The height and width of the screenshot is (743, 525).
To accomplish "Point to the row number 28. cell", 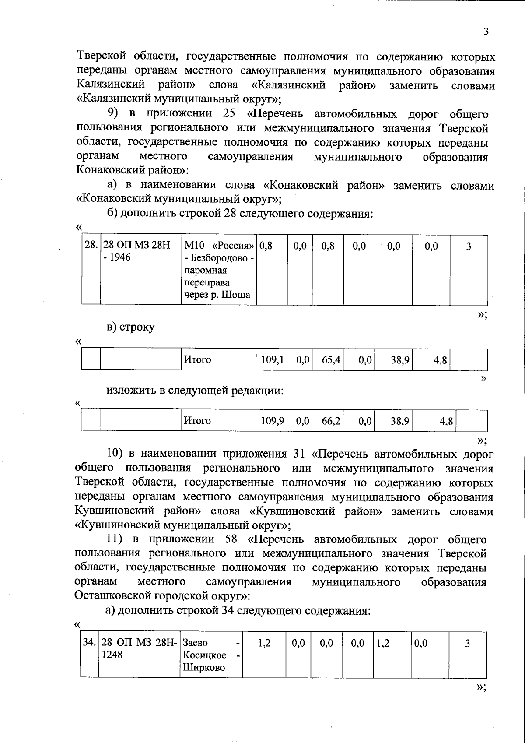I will coord(91,246).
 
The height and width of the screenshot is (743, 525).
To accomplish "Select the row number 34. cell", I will coord(89,643).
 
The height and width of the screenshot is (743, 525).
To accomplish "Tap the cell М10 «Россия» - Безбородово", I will coord(219,270).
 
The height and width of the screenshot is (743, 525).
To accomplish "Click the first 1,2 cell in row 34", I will coord(264,643).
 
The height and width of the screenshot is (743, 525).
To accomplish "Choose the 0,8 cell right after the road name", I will coord(266,246).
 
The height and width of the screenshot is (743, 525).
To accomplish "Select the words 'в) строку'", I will coord(130,327).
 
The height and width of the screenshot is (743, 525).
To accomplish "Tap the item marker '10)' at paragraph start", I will coord(115,454).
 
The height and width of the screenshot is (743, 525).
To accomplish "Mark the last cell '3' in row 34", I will coord(467,643).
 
